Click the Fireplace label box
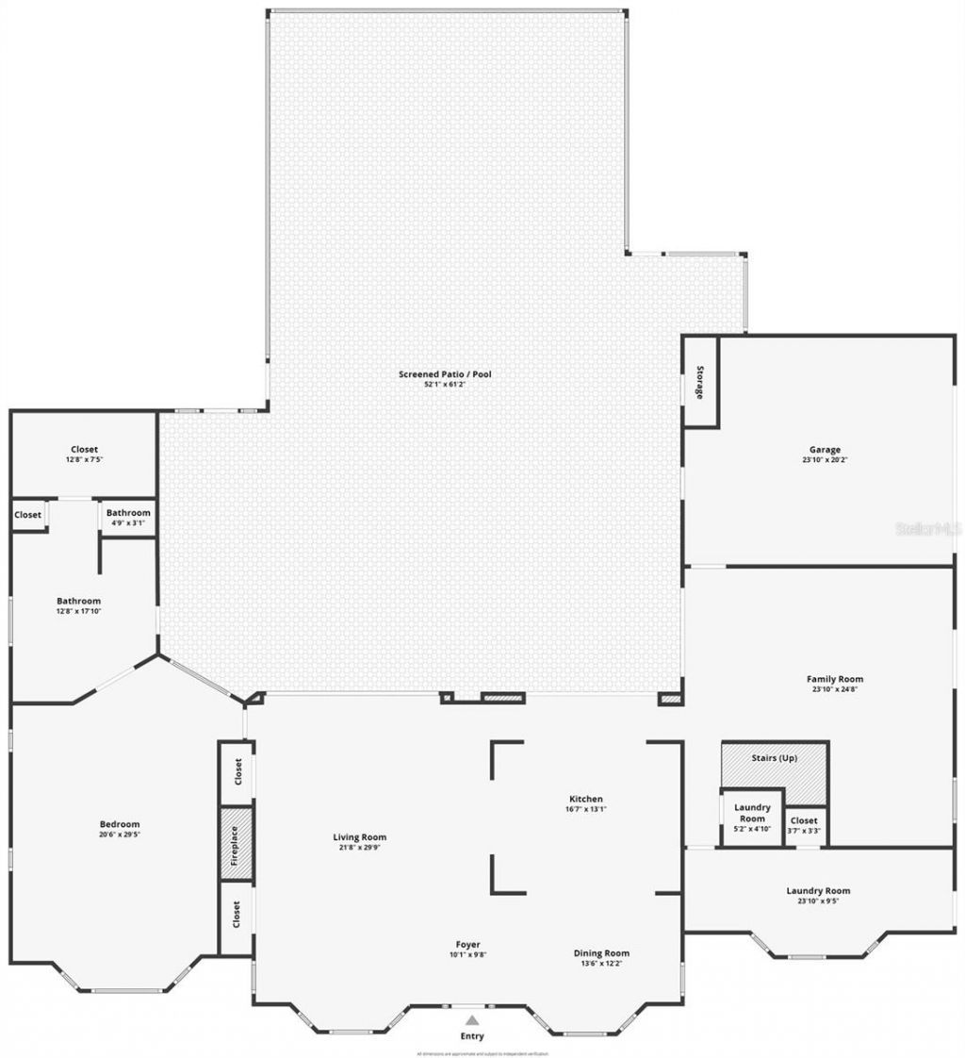(236, 844)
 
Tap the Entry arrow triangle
(472, 1019)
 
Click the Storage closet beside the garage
(700, 382)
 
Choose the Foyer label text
(468, 944)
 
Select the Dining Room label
(601, 953)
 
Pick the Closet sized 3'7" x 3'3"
(804, 825)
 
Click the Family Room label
(834, 679)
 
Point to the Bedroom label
(121, 824)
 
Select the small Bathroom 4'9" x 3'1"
(128, 518)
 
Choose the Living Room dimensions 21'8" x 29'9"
(360, 847)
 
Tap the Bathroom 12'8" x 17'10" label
(78, 605)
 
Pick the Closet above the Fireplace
(237, 772)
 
